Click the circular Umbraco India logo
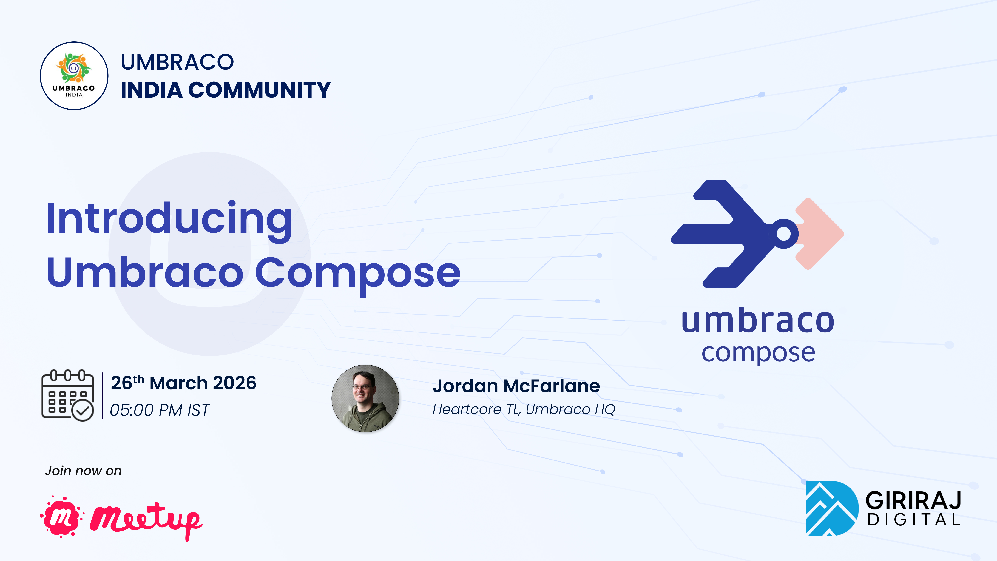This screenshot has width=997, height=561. (x=74, y=76)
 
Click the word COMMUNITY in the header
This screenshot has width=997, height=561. (x=259, y=90)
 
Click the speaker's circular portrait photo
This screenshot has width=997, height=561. (x=365, y=398)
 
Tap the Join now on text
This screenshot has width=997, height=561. (x=83, y=471)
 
